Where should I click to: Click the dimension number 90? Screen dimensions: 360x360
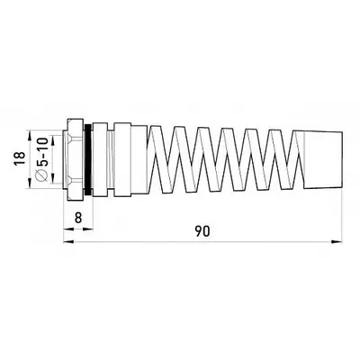coord(202,231)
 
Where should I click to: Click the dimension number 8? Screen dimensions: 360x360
coord(78,218)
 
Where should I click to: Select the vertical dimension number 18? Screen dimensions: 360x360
coord(20,158)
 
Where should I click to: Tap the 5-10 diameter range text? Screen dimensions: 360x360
coord(42,152)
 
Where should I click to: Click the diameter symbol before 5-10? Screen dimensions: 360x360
coord(42,175)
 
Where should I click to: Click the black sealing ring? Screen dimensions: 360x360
coord(88,159)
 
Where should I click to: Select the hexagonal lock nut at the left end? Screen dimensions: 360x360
coord(74,159)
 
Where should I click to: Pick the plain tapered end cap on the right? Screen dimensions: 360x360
coord(318,159)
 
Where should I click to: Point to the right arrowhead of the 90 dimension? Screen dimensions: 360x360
coord(337,241)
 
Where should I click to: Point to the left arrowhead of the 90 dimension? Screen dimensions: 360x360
coord(69,241)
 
